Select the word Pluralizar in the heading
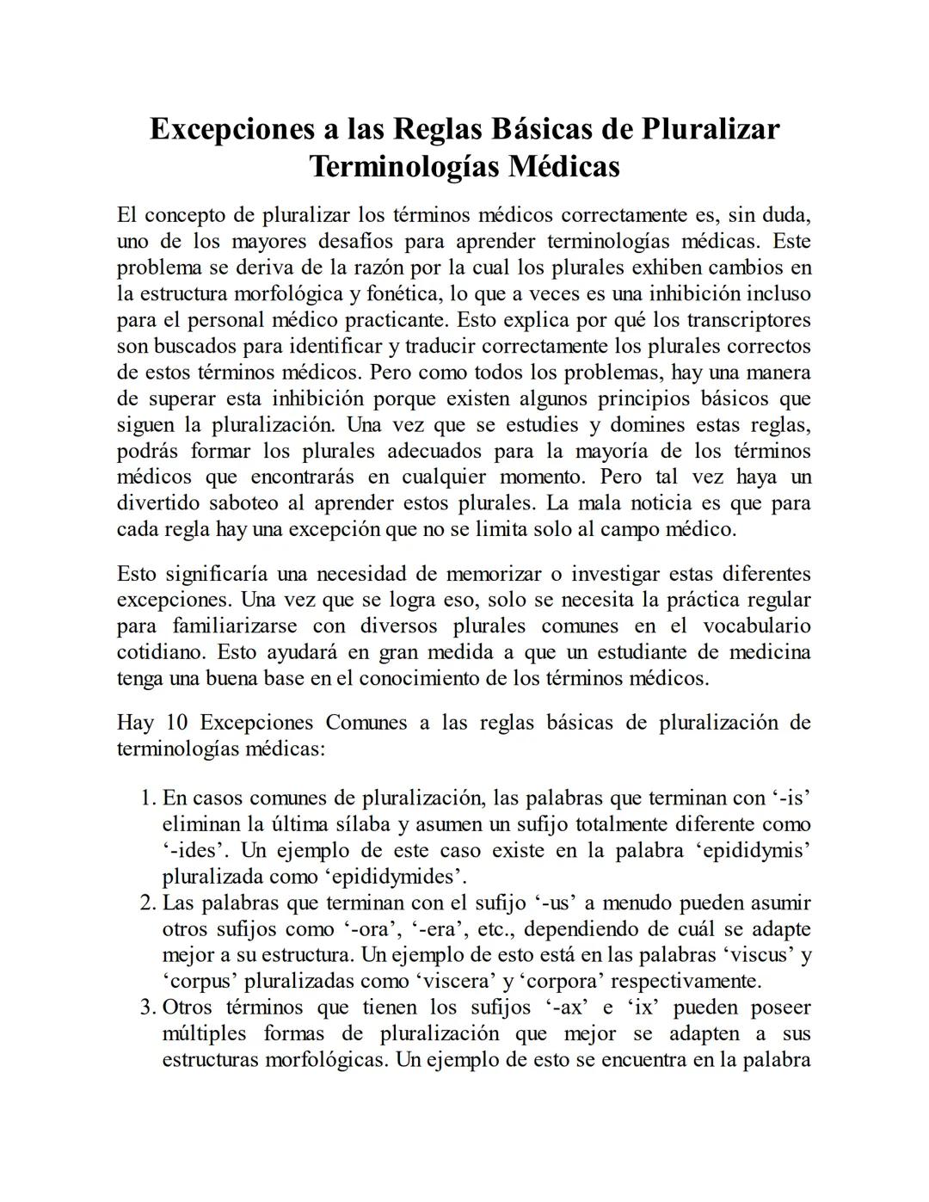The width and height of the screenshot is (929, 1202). [711, 129]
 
